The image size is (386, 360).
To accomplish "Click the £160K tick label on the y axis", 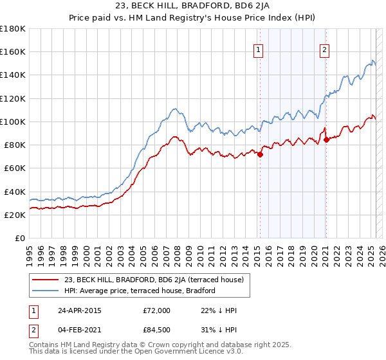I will click(13, 51).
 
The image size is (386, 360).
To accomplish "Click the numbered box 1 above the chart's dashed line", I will click(258, 50).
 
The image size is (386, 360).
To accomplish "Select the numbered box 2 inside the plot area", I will click(325, 50).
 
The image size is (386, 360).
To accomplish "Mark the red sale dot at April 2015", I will click(261, 154).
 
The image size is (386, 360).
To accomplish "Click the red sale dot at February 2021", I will click(326, 139).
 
